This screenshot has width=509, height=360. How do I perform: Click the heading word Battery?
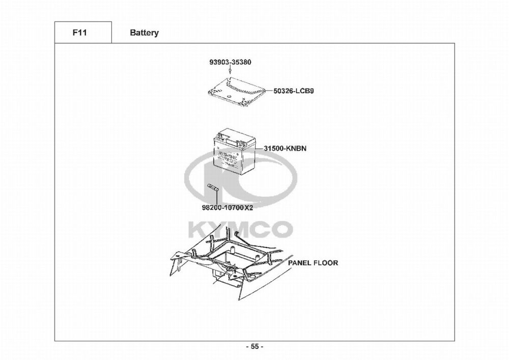pyautogui.click(x=144, y=33)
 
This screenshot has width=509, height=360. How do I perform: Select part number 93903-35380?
pyautogui.click(x=230, y=62)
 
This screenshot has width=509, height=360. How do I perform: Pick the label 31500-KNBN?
pyautogui.click(x=285, y=149)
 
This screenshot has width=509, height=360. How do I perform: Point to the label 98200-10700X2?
pyautogui.click(x=228, y=208)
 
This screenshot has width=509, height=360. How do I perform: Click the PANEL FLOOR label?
pyautogui.click(x=313, y=263)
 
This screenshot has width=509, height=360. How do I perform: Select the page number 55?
pyautogui.click(x=254, y=347)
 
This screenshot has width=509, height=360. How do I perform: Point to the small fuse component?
pyautogui.click(x=213, y=189)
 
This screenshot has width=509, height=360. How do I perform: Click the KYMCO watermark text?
pyautogui.click(x=240, y=228)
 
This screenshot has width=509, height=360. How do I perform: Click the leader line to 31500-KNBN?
pyautogui.click(x=260, y=149)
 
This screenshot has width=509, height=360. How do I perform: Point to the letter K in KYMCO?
pyautogui.click(x=199, y=228)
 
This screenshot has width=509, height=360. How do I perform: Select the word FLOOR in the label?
pyautogui.click(x=326, y=263)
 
